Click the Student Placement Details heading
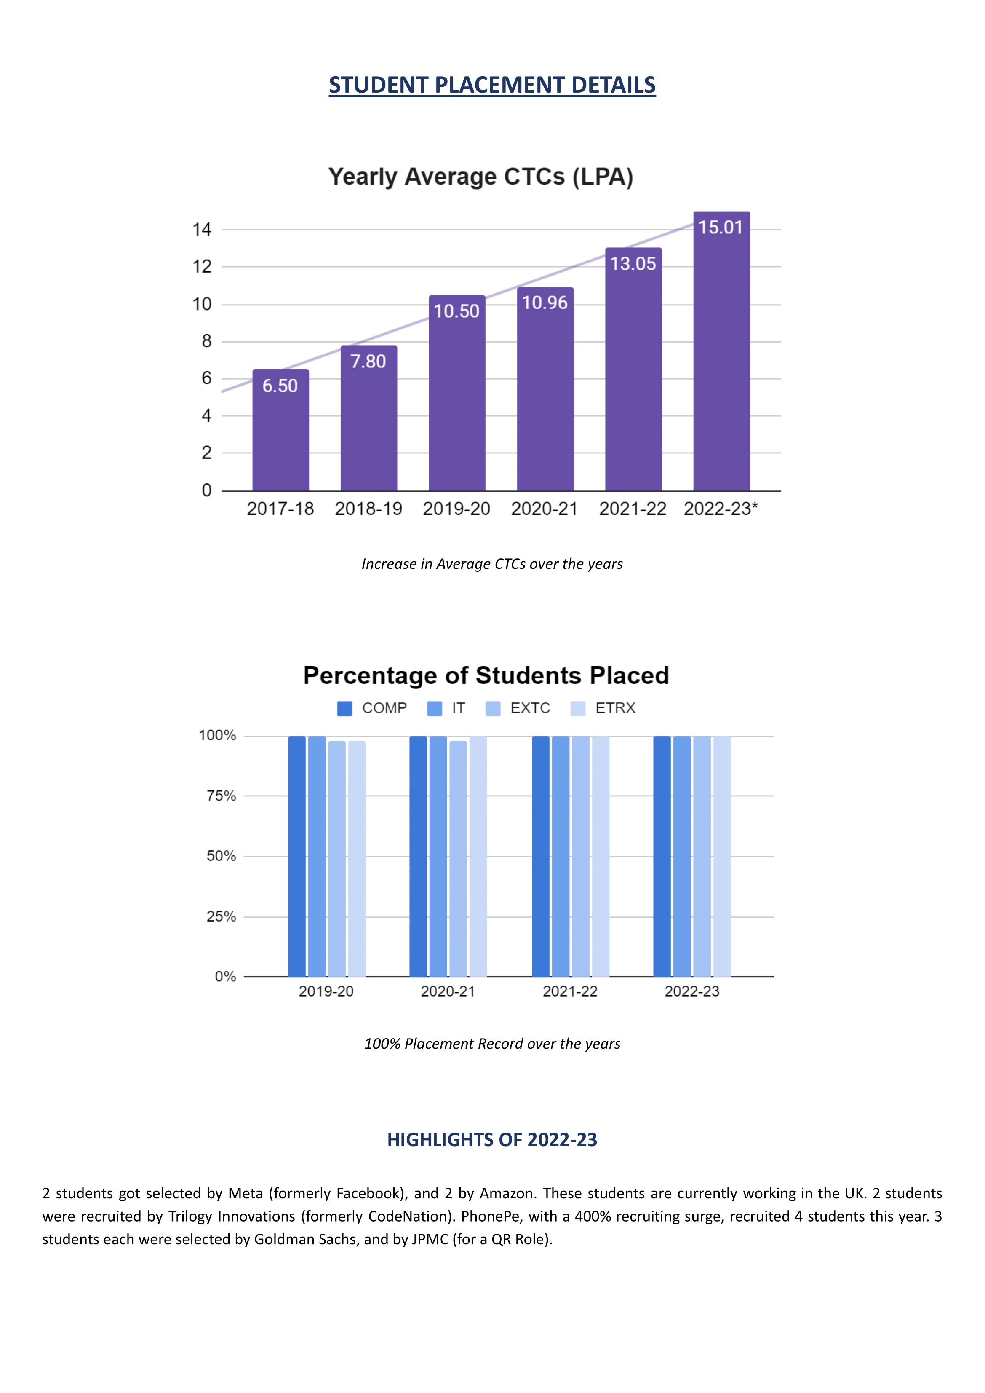click(492, 85)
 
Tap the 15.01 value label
click(721, 228)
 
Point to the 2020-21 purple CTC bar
click(545, 389)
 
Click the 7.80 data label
click(368, 362)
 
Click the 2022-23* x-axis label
click(721, 509)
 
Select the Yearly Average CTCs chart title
click(481, 177)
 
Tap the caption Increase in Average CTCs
click(492, 564)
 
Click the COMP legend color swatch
click(344, 709)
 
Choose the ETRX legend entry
click(603, 709)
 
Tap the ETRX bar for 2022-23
click(722, 856)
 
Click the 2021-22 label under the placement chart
click(570, 991)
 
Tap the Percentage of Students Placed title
click(486, 675)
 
